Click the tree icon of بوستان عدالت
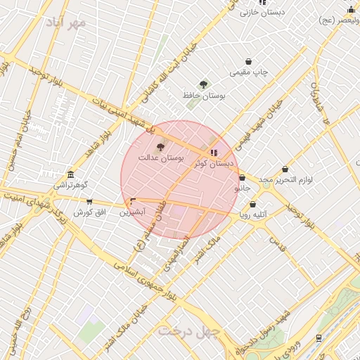[161, 147]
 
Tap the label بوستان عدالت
[160, 159]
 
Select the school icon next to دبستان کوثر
[214, 153]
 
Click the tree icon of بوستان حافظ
[203, 84]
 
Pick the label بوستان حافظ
[202, 95]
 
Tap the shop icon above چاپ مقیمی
[248, 62]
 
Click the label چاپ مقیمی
[250, 72]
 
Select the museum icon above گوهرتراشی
[70, 175]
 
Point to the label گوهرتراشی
[71, 186]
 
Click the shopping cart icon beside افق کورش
[89, 202]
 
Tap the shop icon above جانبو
[243, 178]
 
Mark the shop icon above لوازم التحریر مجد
[285, 169]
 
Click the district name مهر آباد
[68, 23]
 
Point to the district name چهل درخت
[189, 329]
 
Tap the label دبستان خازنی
[261, 12]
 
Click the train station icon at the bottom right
[320, 337]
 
